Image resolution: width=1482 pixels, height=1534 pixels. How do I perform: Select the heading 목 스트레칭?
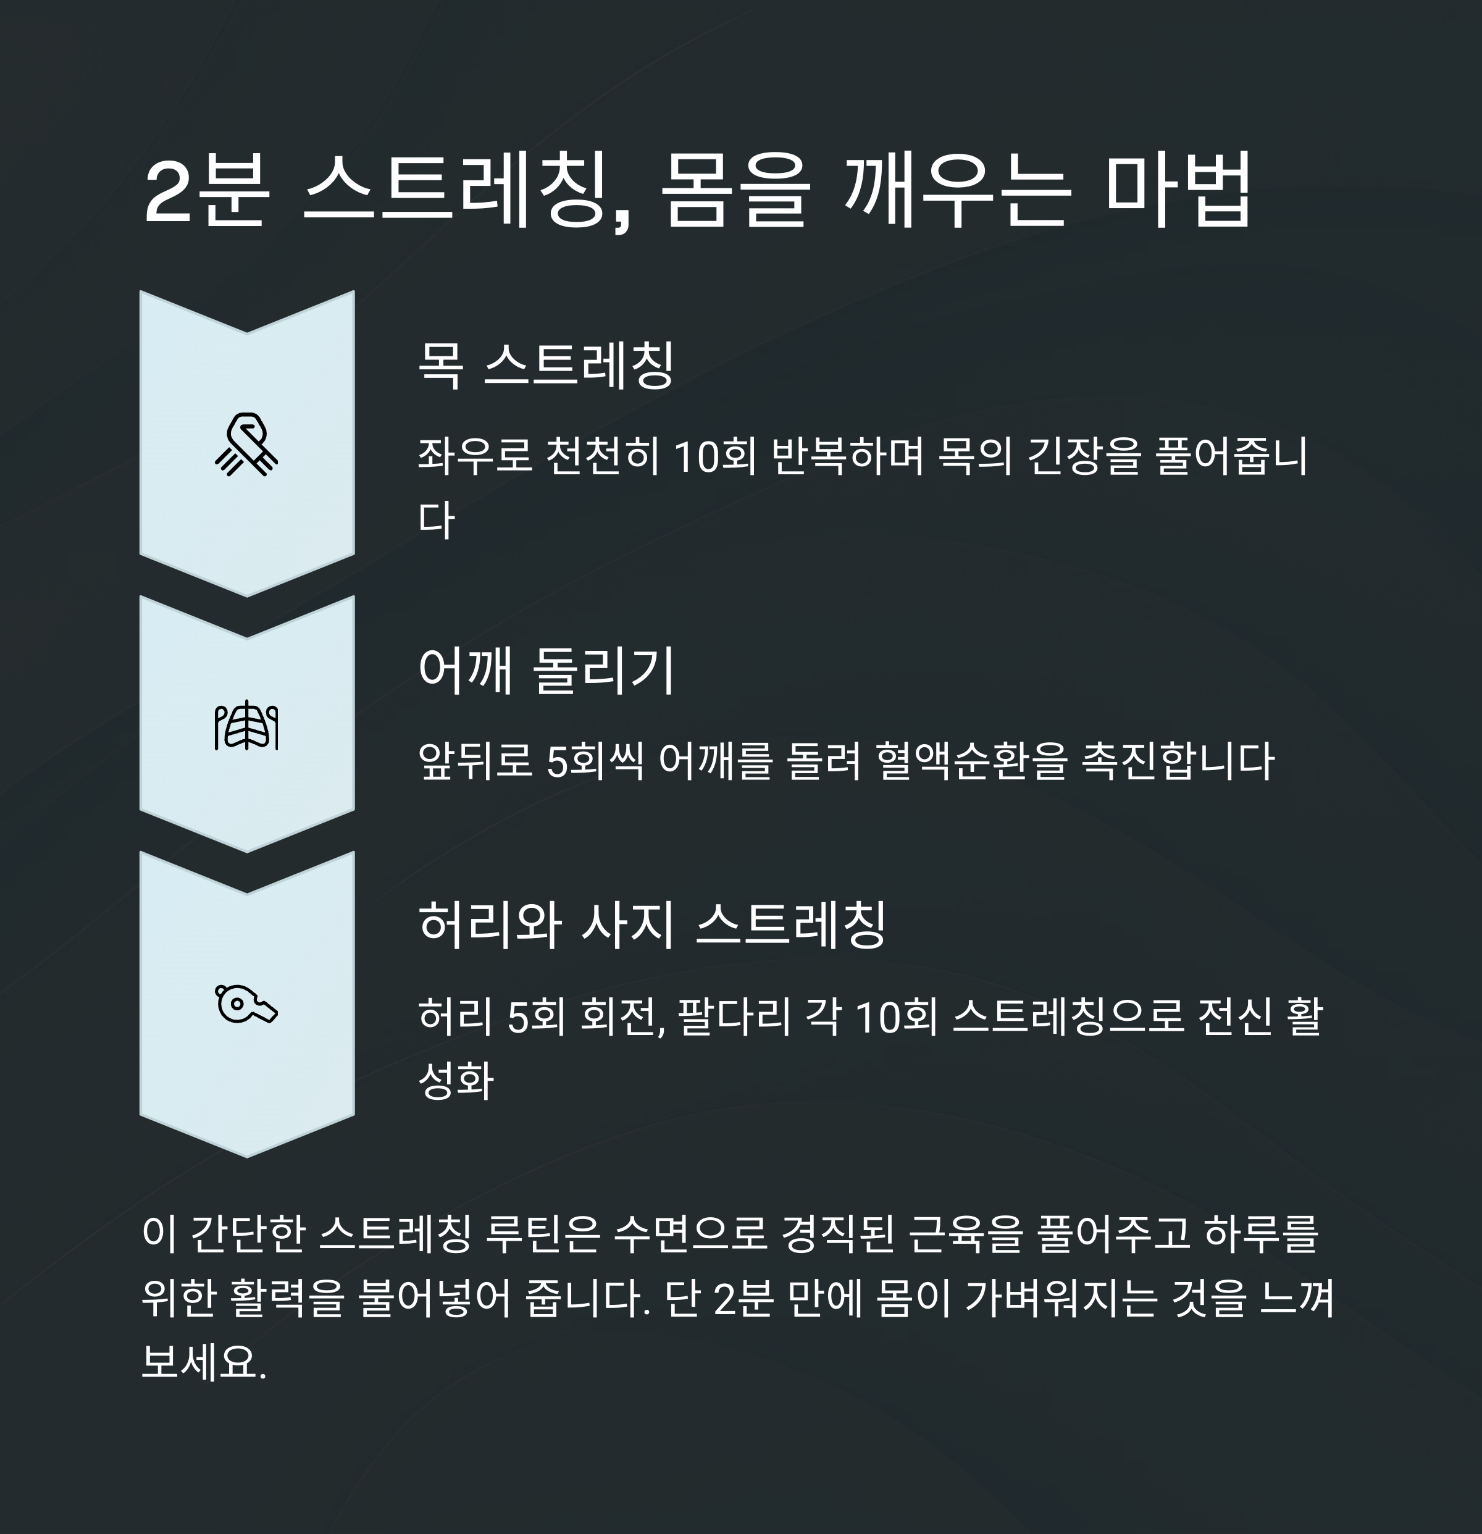545,365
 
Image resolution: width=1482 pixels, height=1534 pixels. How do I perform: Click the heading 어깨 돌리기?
545,671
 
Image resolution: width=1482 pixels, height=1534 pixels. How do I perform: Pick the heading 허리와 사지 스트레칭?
652,924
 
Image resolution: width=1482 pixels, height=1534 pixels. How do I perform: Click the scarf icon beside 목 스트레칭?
246,445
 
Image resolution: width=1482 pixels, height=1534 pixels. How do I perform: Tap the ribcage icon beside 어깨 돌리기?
246,726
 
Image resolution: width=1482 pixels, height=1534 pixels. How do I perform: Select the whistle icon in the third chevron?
246,1004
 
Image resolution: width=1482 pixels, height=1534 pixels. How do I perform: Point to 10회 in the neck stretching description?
714,456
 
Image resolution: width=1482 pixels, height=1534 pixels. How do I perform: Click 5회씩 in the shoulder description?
595,761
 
